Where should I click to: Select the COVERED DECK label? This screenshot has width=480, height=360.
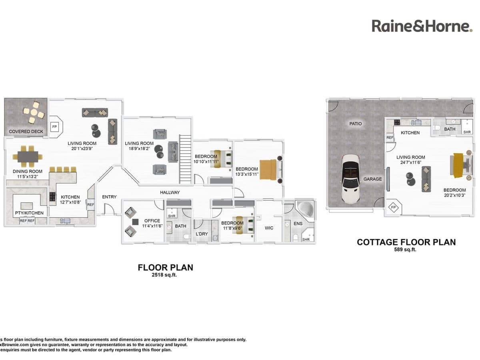pyautogui.click(x=26, y=131)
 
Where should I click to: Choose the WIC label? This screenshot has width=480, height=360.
pyautogui.click(x=269, y=228)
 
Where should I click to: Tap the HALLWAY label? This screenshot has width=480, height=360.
pyautogui.click(x=170, y=192)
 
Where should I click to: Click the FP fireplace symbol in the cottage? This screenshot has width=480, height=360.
pyautogui.click(x=393, y=208)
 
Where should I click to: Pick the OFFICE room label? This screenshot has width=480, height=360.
pyautogui.click(x=152, y=221)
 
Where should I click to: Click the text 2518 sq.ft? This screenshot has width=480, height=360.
pyautogui.click(x=165, y=275)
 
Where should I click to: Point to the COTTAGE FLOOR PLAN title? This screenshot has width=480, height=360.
pyautogui.click(x=406, y=242)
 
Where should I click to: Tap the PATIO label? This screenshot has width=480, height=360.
pyautogui.click(x=355, y=124)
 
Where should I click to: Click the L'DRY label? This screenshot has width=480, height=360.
pyautogui.click(x=202, y=234)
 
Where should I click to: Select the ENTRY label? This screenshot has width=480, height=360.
pyautogui.click(x=109, y=197)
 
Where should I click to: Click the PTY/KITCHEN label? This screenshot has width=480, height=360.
pyautogui.click(x=29, y=213)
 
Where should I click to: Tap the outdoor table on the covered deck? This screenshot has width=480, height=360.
pyautogui.click(x=32, y=113)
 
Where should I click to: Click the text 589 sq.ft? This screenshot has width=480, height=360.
pyautogui.click(x=406, y=250)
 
